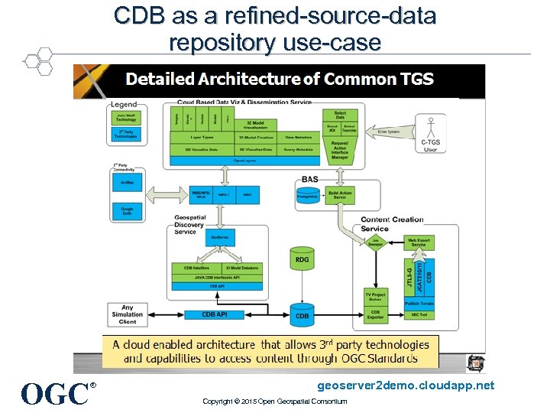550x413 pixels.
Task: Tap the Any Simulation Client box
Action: [127, 314]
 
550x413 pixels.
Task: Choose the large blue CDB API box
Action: [216, 314]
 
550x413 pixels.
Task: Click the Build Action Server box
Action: [341, 195]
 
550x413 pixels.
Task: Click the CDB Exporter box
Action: [375, 314]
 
